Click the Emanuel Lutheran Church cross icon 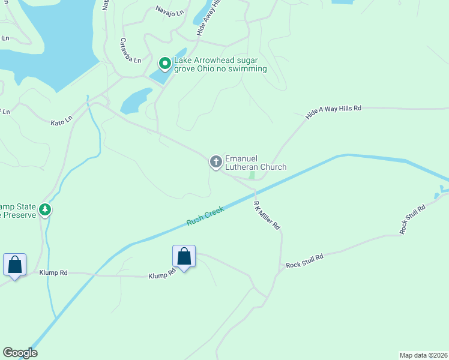click(x=215, y=161)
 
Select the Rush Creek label click(x=205, y=216)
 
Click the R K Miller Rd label click(x=267, y=216)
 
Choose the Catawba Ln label click(x=130, y=51)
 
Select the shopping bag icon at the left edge click(x=14, y=264)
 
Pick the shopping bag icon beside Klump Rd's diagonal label click(x=184, y=256)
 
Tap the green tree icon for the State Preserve click(x=45, y=209)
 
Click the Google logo click(x=20, y=353)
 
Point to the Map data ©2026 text click(x=423, y=355)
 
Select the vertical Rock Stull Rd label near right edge click(x=412, y=219)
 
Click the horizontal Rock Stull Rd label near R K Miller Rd click(x=304, y=260)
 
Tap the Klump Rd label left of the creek click(x=53, y=272)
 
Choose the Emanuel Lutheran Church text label click(x=255, y=163)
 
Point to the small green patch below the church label click(x=252, y=175)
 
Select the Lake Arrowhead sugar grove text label click(x=220, y=65)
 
